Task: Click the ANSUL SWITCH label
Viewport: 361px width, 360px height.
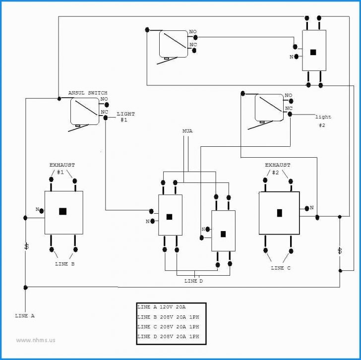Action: pos(87,93)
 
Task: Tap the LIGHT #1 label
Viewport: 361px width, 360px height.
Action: pos(125,117)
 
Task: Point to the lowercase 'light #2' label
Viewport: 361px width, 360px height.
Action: pos(323,121)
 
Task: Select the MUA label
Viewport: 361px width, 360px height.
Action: pos(187,131)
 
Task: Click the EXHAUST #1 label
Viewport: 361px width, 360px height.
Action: pos(62,168)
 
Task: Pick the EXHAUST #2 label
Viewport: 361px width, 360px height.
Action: pos(278,168)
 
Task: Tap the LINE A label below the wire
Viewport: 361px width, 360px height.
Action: pos(25,316)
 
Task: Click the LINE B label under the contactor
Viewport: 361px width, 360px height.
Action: pos(64,264)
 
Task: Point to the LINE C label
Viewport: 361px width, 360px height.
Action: pos(281,268)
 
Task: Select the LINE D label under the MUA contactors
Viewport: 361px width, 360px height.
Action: pos(193,281)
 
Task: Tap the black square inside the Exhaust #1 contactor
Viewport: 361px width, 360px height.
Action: pos(62,211)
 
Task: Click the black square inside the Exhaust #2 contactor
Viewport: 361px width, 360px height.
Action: pos(279,213)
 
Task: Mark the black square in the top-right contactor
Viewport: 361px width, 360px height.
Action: pos(313,52)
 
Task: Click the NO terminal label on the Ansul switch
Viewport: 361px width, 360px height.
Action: pos(104,99)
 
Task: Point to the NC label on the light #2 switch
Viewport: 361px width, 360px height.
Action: pos(289,108)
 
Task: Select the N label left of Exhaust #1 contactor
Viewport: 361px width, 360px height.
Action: pos(37,210)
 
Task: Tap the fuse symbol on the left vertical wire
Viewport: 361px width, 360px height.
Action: pos(25,246)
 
